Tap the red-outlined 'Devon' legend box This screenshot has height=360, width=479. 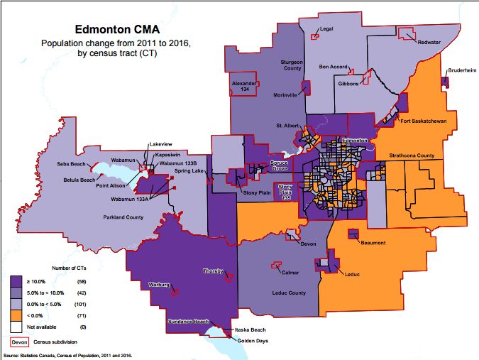click(21, 341)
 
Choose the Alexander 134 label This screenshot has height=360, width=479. click(243, 87)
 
